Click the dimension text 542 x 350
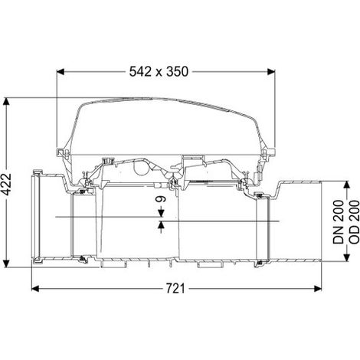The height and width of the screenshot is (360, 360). pyautogui.click(x=159, y=72)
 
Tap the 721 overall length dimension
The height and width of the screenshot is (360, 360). pyautogui.click(x=175, y=289)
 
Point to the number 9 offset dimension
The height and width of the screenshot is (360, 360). pyautogui.click(x=162, y=198)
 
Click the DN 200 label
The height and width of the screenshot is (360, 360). pyautogui.click(x=338, y=222)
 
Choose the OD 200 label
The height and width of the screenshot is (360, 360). pyautogui.click(x=354, y=222)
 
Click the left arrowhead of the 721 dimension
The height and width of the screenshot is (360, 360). pyautogui.click(x=35, y=289)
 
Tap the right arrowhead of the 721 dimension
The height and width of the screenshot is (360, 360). pyautogui.click(x=318, y=289)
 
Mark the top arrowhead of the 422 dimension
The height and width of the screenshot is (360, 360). pyautogui.click(x=6, y=101)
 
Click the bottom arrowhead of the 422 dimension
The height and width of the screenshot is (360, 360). pyautogui.click(x=6, y=263)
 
